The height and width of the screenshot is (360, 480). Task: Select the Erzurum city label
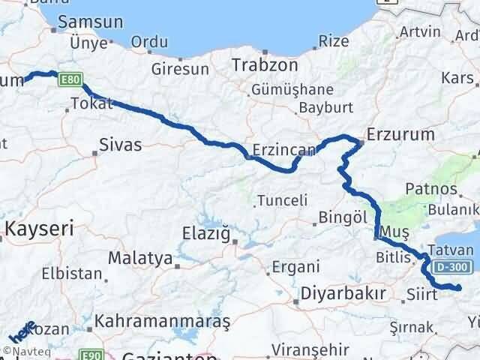point(401,136)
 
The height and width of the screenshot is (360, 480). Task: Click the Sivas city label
point(121,145)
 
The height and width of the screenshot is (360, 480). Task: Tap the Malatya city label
point(140,258)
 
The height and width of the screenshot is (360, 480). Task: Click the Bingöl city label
point(341,217)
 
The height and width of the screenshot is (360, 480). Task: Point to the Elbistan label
point(72,274)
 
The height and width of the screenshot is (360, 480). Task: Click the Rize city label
point(334,41)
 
